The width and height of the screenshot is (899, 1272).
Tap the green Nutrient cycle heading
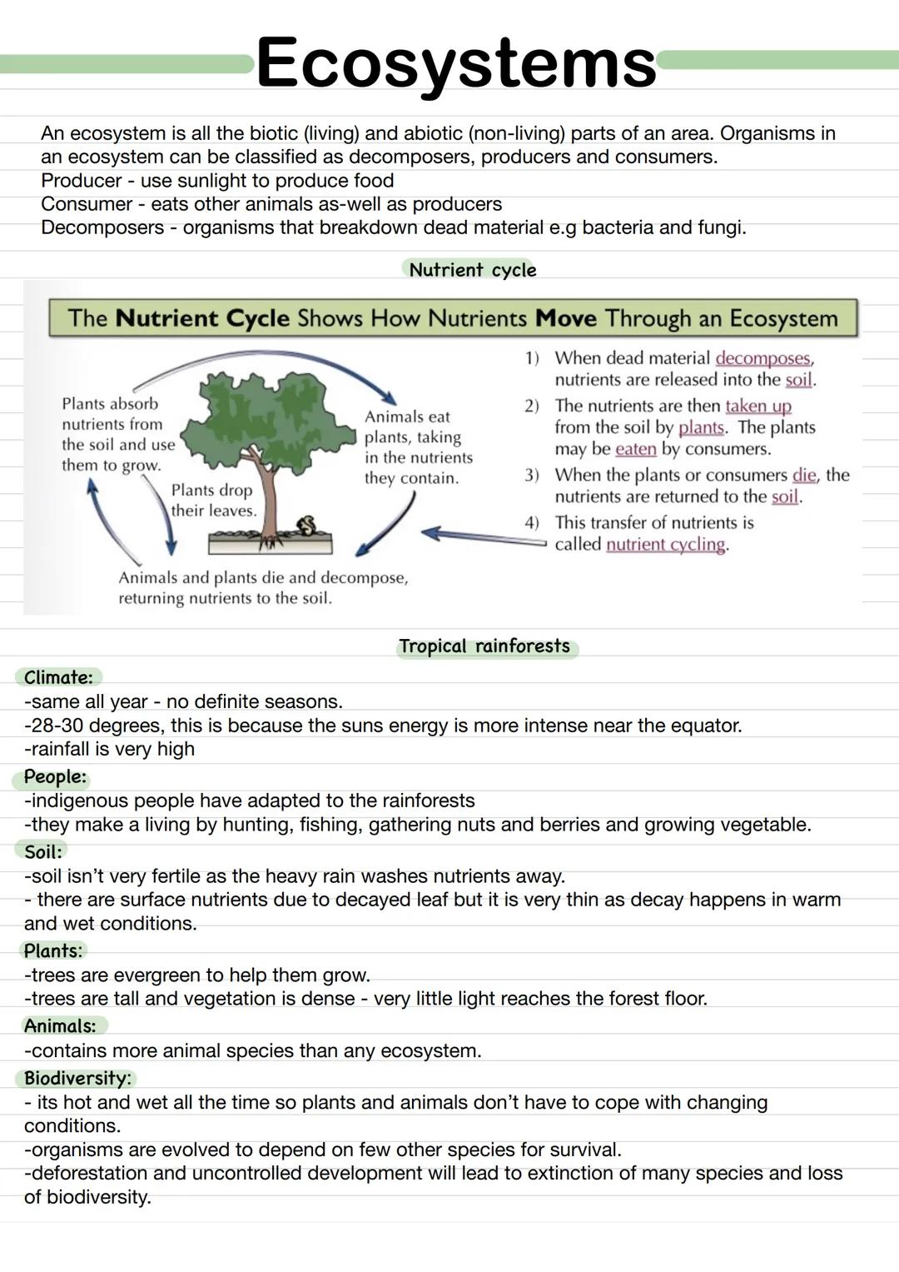click(x=472, y=270)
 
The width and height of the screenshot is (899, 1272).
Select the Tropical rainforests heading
click(x=484, y=646)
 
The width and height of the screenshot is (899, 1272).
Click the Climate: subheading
click(x=58, y=677)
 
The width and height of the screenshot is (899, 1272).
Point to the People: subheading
click(x=55, y=777)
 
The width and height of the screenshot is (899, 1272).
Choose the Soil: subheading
click(x=43, y=852)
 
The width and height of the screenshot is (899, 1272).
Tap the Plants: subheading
click(x=53, y=951)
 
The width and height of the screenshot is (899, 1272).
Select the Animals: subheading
click(x=60, y=1026)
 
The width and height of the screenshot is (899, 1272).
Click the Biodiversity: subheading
click(x=77, y=1079)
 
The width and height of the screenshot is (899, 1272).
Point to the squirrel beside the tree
click(x=306, y=526)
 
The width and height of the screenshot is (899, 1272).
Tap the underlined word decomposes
click(x=762, y=358)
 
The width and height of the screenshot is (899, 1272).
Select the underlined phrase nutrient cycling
click(x=666, y=545)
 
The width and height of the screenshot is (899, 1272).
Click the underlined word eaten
click(x=636, y=449)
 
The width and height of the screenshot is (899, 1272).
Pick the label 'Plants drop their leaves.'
click(x=213, y=501)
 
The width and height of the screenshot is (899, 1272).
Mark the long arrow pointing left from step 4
click(x=483, y=535)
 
